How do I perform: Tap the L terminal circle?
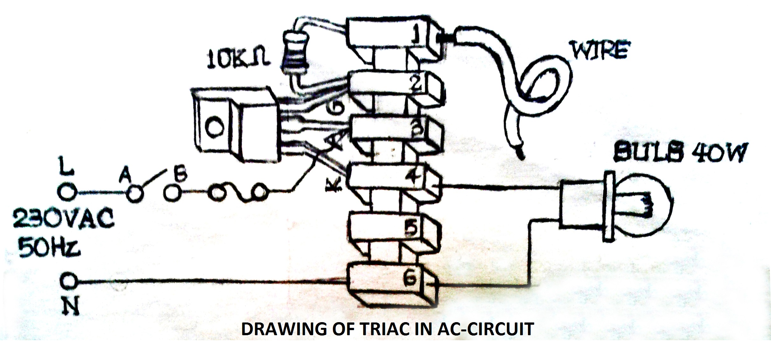click(x=67, y=192)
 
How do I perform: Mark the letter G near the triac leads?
click(x=335, y=109)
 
